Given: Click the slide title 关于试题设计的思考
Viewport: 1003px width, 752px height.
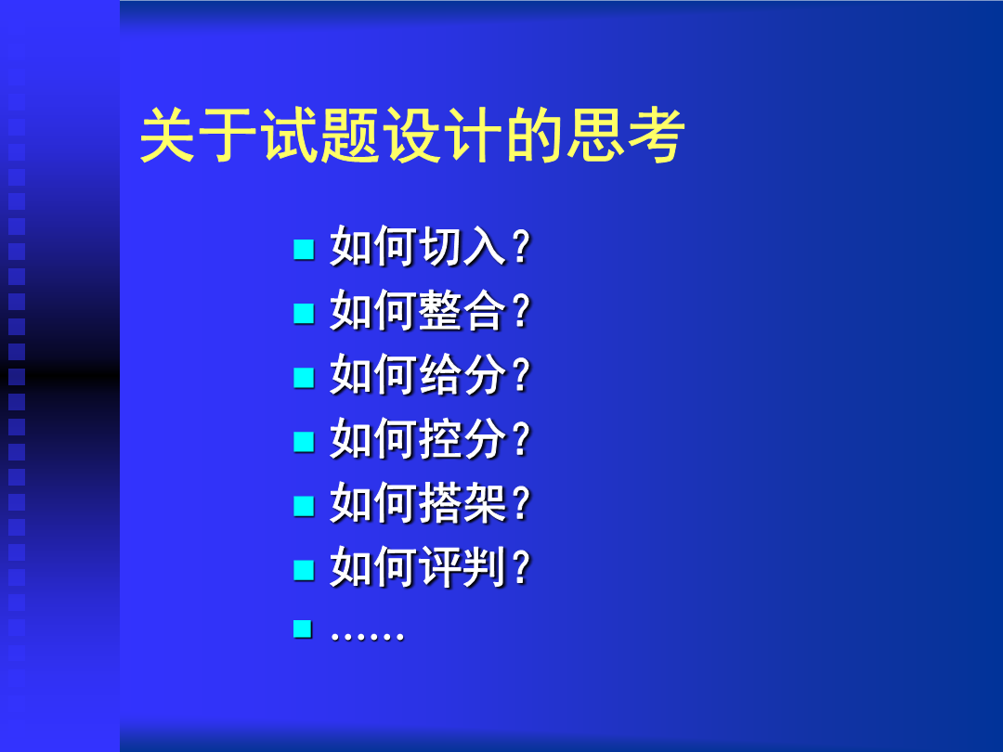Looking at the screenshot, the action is (412, 135).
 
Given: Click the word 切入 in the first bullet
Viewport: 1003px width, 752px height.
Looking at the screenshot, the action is (463, 246).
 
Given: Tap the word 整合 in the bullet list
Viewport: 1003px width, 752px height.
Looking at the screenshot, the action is (463, 310).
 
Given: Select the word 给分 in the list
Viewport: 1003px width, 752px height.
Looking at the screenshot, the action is (463, 374).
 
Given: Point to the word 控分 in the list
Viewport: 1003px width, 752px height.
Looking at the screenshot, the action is (463, 438).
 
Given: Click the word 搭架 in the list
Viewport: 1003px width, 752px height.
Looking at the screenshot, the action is (463, 502).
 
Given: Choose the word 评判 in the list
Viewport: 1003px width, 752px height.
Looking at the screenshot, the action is (463, 566).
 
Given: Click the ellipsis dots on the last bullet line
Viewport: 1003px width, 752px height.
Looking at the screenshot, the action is (367, 636).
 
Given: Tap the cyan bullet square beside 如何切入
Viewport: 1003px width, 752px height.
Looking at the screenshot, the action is (304, 250).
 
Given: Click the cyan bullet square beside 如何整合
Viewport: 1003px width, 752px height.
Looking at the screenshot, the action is (304, 314).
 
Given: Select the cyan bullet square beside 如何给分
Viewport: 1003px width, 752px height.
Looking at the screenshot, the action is (304, 377).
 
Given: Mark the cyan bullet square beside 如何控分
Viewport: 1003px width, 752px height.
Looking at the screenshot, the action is (304, 442).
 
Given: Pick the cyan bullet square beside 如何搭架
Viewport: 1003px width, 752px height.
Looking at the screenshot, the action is (304, 506).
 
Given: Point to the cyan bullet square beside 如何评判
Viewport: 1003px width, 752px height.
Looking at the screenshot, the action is (304, 570).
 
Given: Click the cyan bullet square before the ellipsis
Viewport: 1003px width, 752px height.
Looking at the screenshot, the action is (303, 629).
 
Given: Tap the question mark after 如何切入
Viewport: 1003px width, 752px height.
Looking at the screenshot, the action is (521, 247).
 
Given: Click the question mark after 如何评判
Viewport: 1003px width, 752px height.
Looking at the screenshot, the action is (521, 567).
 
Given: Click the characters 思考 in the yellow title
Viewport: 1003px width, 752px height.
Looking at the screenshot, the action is (625, 135).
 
